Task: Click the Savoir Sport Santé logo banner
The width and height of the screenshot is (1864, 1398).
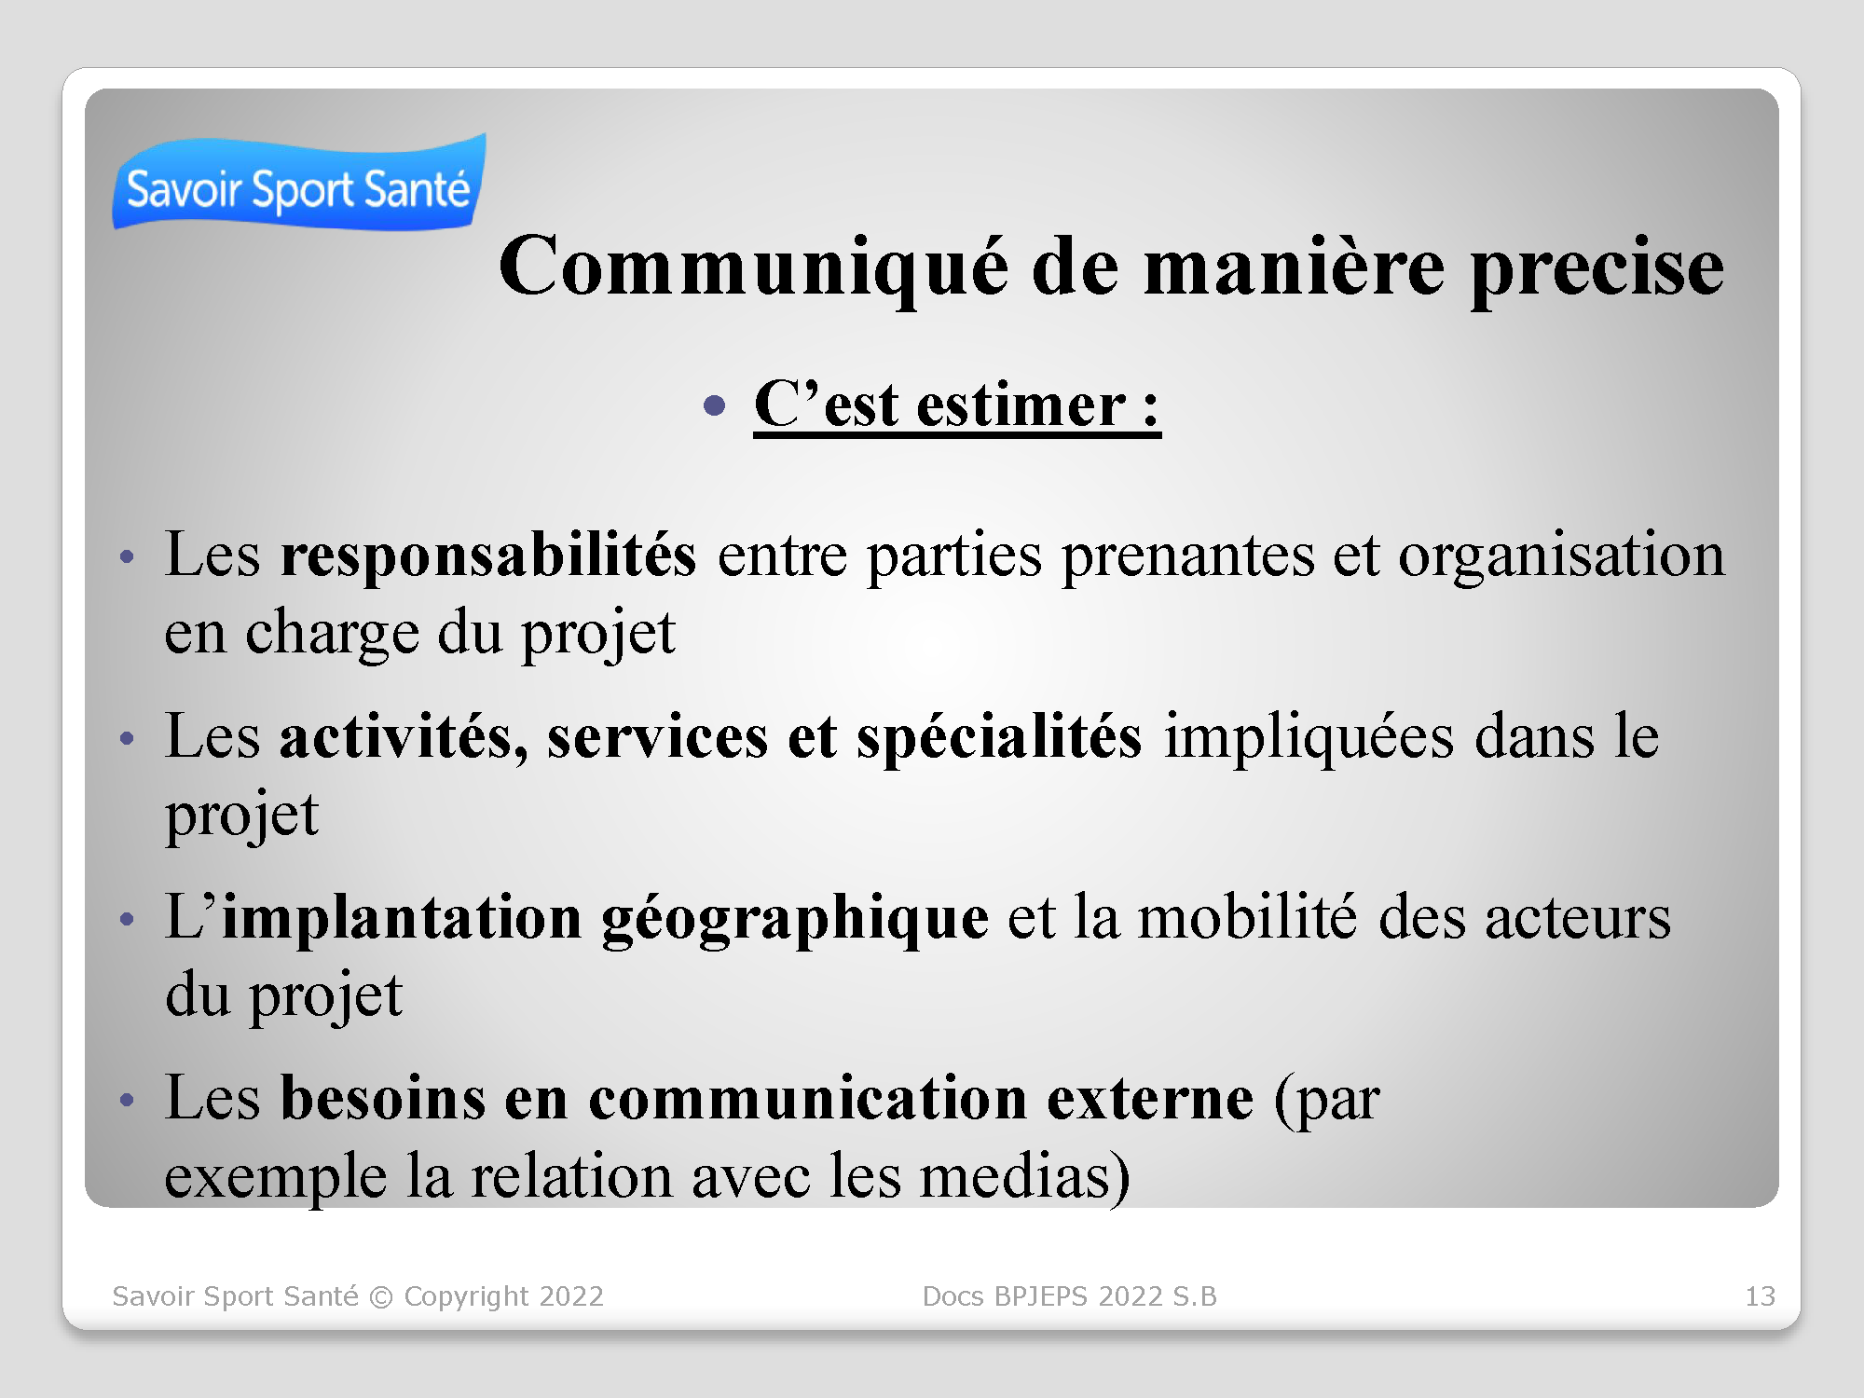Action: tap(298, 183)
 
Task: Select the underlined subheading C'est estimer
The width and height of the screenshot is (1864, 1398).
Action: tap(957, 406)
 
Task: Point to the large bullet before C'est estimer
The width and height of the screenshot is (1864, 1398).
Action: tap(715, 405)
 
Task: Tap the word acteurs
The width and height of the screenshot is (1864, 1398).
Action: tap(1578, 919)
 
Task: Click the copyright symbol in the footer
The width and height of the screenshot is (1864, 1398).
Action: tap(381, 1297)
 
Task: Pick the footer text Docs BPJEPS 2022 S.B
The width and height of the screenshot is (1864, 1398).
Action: tap(1069, 1296)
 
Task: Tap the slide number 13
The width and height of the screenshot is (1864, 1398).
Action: tap(1760, 1296)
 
